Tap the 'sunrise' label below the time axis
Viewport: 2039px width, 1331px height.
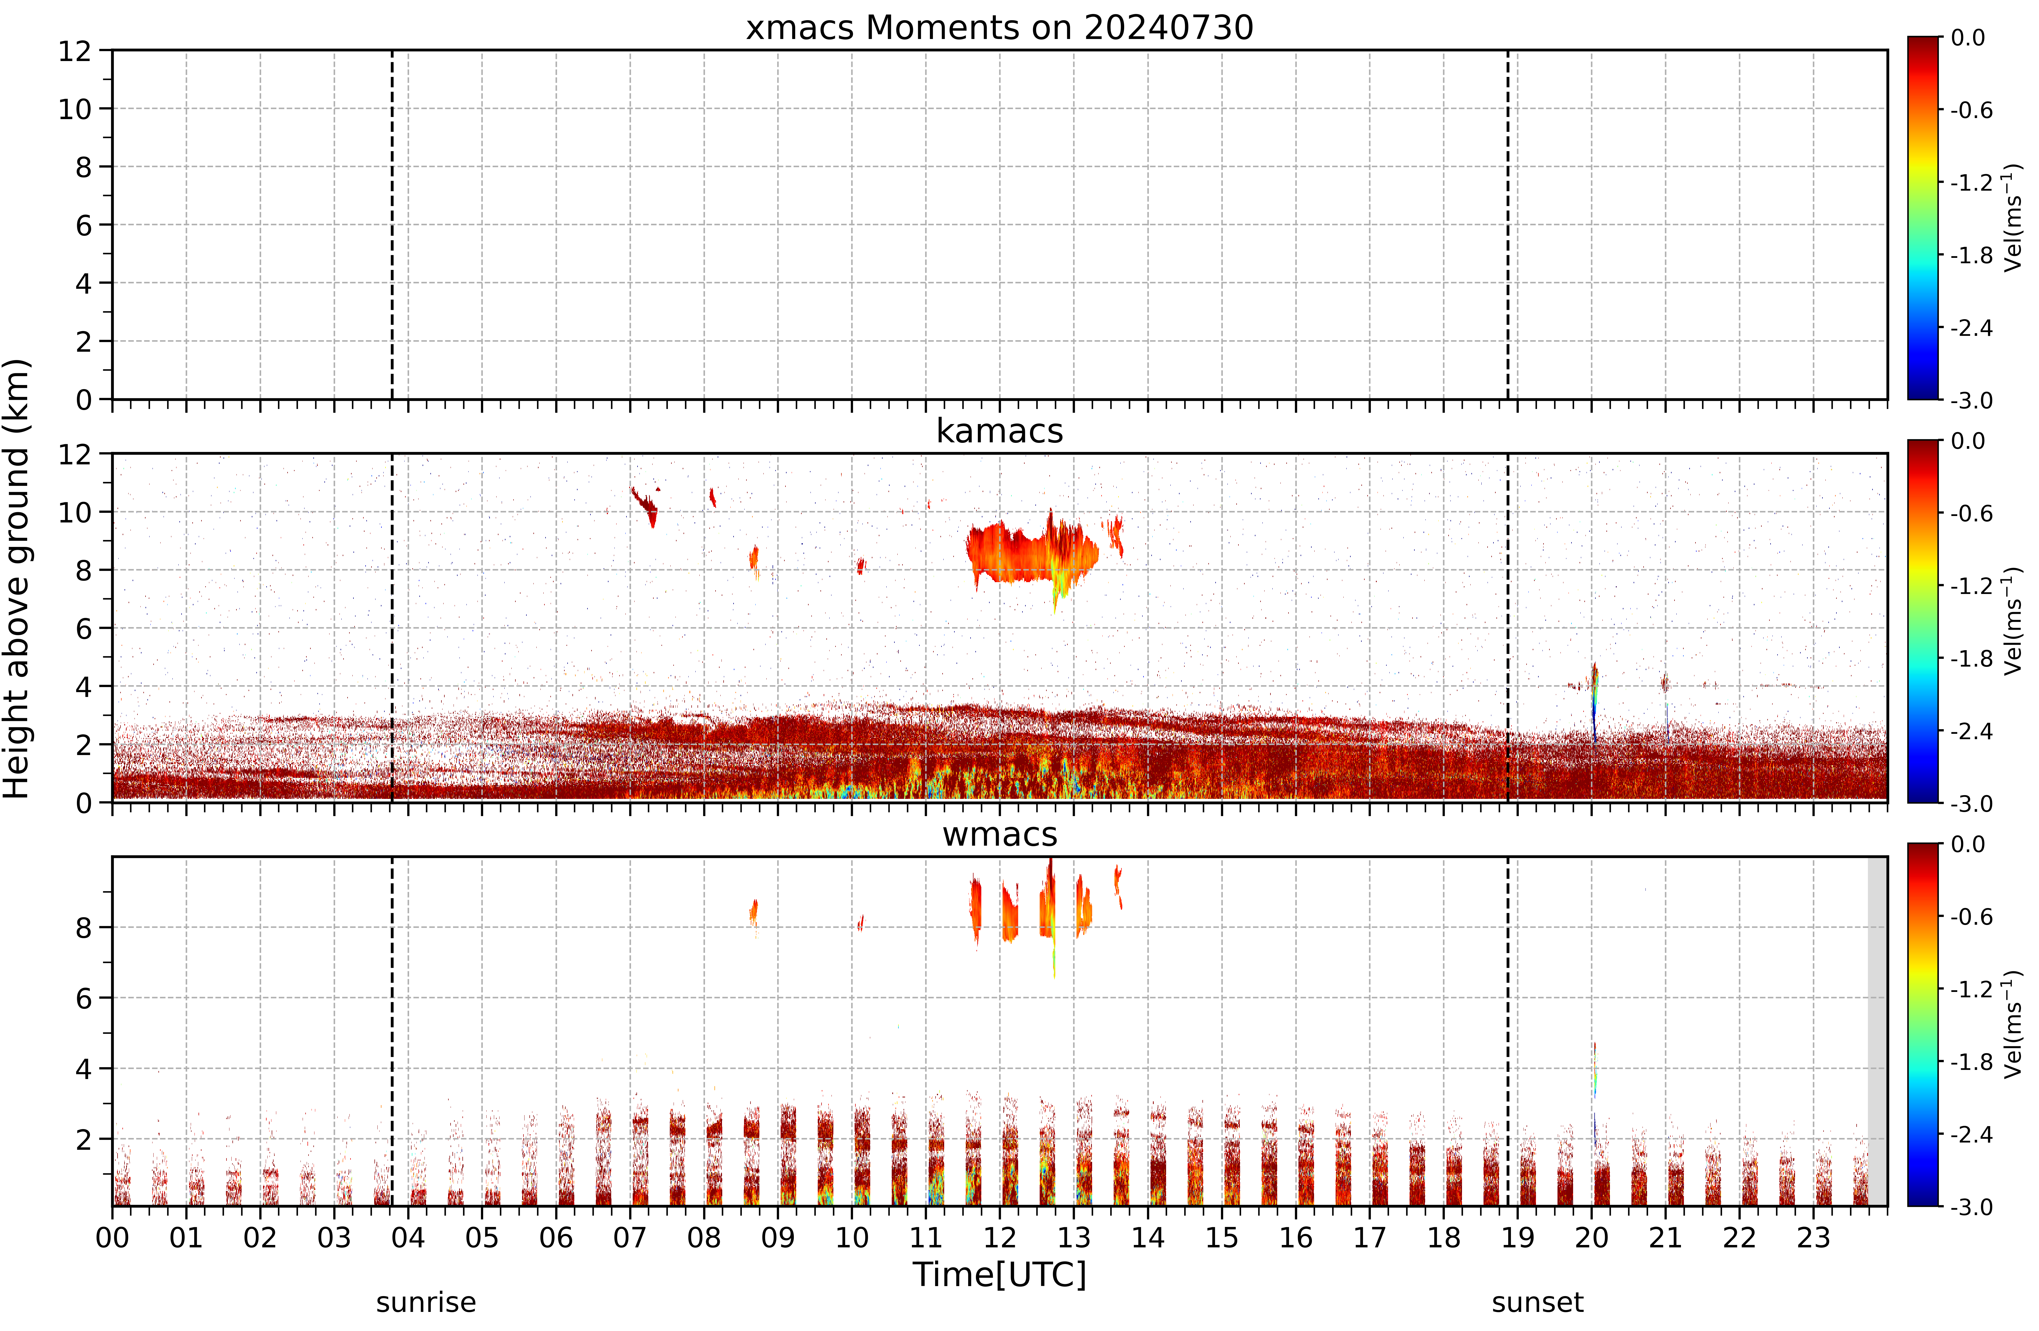pyautogui.click(x=426, y=1303)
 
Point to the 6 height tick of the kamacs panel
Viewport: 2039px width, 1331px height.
pyautogui.click(x=83, y=629)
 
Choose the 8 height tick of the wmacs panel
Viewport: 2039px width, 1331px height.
pyautogui.click(x=83, y=928)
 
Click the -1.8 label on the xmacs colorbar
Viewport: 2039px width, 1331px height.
pyautogui.click(x=1971, y=255)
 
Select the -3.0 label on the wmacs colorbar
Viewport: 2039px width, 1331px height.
pyautogui.click(x=1971, y=1207)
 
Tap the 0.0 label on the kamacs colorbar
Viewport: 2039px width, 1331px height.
pyautogui.click(x=1968, y=441)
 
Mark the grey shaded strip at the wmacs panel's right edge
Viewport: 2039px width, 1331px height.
pyautogui.click(x=1877, y=1031)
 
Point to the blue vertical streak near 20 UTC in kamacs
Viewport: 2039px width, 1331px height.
pyautogui.click(x=1594, y=702)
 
